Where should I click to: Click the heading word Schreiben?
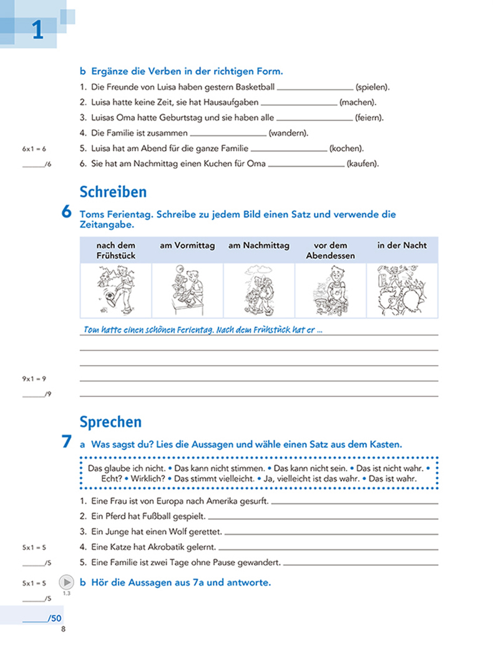tap(113, 192)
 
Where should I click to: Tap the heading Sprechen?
tap(110, 422)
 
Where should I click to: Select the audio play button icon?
tap(66, 582)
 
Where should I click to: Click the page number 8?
tap(62, 628)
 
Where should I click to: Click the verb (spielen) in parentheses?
tap(373, 87)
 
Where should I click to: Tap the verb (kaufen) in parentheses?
tap(362, 164)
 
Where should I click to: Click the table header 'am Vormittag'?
tap(187, 246)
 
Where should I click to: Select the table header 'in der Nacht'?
tap(402, 246)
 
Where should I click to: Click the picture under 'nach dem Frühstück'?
tap(115, 291)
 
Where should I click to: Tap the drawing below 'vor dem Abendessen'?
tap(330, 291)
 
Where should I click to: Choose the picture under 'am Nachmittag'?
tap(258, 291)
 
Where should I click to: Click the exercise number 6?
tap(66, 213)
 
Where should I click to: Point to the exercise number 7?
tap(66, 443)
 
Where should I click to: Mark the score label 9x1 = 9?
tap(34, 379)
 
